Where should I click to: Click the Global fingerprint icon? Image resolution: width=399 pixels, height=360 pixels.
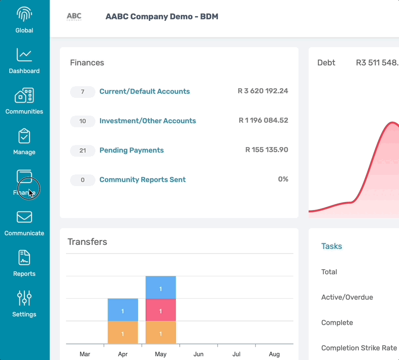pyautogui.click(x=24, y=14)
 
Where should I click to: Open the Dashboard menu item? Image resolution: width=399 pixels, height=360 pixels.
pyautogui.click(x=24, y=55)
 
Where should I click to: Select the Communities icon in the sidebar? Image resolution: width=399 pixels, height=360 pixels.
pyautogui.click(x=24, y=95)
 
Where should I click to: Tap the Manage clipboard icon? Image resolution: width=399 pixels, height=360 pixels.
pyautogui.click(x=24, y=136)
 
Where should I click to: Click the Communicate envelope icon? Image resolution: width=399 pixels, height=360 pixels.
pyautogui.click(x=24, y=217)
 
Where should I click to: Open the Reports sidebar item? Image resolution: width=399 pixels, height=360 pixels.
pyautogui.click(x=24, y=258)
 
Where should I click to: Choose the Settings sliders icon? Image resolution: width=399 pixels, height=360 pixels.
pyautogui.click(x=24, y=298)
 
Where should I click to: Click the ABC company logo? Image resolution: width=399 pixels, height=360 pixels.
pyautogui.click(x=74, y=17)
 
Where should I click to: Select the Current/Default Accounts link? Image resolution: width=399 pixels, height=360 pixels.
pyautogui.click(x=145, y=92)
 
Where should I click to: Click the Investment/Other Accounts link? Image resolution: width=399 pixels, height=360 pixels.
pyautogui.click(x=148, y=121)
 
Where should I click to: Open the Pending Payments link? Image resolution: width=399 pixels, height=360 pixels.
pyautogui.click(x=131, y=151)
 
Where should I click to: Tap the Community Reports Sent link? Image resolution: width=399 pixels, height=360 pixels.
pyautogui.click(x=143, y=180)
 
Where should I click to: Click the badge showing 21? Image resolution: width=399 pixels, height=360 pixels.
pyautogui.click(x=83, y=151)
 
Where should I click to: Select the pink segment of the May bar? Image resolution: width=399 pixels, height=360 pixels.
pyautogui.click(x=160, y=310)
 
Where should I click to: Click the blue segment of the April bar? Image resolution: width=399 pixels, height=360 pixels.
pyautogui.click(x=123, y=310)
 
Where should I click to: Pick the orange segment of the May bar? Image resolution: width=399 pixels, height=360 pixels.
pyautogui.click(x=160, y=333)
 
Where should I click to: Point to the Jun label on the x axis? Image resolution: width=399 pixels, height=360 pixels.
pyautogui.click(x=198, y=354)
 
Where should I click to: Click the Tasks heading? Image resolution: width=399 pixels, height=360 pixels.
pyautogui.click(x=331, y=246)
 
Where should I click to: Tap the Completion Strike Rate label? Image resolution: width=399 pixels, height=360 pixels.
pyautogui.click(x=359, y=348)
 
